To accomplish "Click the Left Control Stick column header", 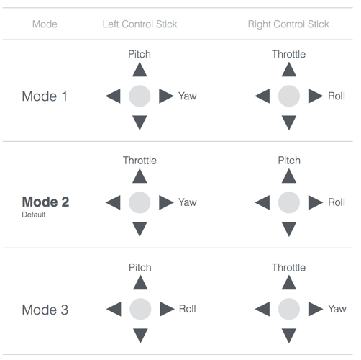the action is [140, 24].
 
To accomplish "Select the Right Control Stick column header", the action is [288, 24].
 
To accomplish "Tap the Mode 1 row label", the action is [45, 96].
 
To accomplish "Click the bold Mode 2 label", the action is [45, 202].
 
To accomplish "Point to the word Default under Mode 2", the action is [34, 215].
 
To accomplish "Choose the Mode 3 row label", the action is [45, 310].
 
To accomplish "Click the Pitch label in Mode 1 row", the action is [140, 54].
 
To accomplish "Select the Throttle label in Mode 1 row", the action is [288, 54].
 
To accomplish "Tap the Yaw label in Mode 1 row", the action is [188, 96].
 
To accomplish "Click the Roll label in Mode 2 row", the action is [337, 202].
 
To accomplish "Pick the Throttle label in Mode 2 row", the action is [140, 161].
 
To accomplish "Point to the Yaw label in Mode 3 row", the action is [337, 309].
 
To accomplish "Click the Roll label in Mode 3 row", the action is [188, 309].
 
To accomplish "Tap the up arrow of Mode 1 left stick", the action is [140, 70].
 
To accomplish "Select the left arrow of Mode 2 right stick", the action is [262, 202].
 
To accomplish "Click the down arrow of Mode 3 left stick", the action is [140, 336].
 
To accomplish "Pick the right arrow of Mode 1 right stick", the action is [316, 96].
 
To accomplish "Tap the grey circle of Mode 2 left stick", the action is [140, 202].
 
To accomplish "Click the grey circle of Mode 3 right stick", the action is [289, 309].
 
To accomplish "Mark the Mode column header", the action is [45, 24].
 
